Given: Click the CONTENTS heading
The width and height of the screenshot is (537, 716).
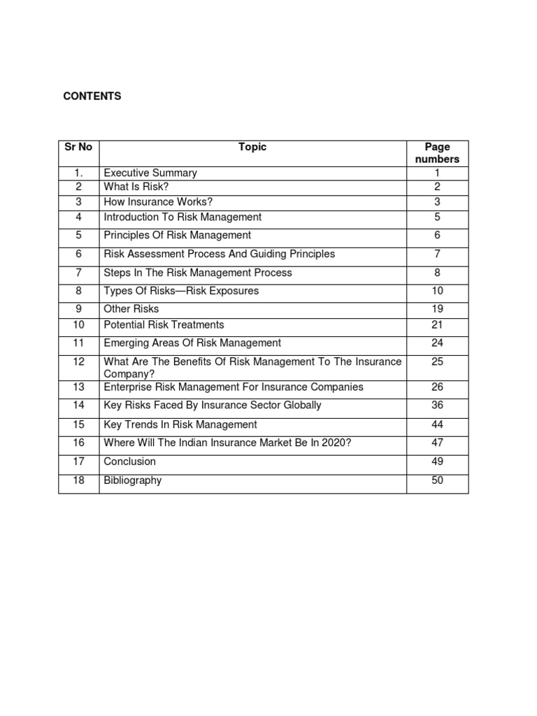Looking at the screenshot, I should click(92, 96).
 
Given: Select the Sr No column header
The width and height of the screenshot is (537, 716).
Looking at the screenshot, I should click(78, 147).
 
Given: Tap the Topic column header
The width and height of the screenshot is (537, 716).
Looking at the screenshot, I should click(252, 147).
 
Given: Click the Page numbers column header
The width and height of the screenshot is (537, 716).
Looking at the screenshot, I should click(437, 153).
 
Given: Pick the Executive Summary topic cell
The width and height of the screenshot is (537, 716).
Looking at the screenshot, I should click(150, 173).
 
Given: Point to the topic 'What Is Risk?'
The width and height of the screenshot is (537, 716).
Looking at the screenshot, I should click(137, 187).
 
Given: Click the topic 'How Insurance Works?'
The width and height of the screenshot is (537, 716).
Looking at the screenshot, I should click(158, 202).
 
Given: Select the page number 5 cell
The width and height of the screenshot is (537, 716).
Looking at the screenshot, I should click(437, 217).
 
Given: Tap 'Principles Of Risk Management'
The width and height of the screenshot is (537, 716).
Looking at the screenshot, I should click(177, 235).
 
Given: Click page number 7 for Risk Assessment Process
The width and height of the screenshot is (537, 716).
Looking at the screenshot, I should click(437, 254).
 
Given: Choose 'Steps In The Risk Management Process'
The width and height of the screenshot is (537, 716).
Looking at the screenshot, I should click(198, 273).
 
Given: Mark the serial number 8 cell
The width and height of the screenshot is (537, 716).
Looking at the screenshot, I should click(78, 291).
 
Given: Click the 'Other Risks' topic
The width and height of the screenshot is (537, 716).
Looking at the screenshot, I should click(131, 308).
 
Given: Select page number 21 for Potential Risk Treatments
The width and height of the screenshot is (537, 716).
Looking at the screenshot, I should click(437, 324).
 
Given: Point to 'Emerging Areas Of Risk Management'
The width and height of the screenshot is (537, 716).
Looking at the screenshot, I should click(192, 343).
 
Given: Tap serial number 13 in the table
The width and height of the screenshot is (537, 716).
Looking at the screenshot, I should click(78, 387).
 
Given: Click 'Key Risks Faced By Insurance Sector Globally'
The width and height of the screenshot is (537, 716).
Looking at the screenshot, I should click(213, 405).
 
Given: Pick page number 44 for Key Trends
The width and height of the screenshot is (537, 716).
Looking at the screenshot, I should click(437, 424).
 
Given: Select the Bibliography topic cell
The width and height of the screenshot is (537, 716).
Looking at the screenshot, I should click(133, 480).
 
